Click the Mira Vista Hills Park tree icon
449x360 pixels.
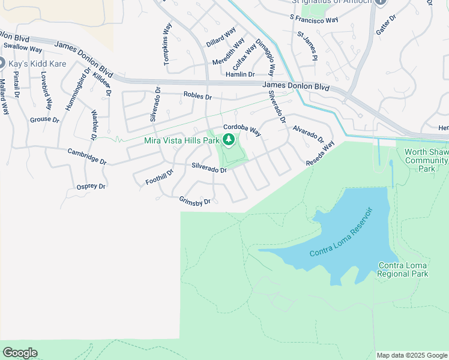[x=229, y=140]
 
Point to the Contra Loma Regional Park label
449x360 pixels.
[x=403, y=269]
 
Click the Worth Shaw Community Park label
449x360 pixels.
[x=426, y=160]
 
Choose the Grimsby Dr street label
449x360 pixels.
[x=194, y=200]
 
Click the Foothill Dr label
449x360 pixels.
[x=159, y=177]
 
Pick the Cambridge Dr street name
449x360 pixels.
[x=86, y=157]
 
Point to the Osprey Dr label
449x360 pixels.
[x=91, y=187]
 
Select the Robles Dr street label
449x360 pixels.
[x=198, y=96]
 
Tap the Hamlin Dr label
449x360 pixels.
[x=240, y=74]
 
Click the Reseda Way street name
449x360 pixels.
[x=320, y=154]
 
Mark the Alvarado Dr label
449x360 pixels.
[x=309, y=133]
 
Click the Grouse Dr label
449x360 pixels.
[x=45, y=120]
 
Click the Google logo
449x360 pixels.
[x=20, y=353]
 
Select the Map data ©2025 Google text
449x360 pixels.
[x=412, y=355]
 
